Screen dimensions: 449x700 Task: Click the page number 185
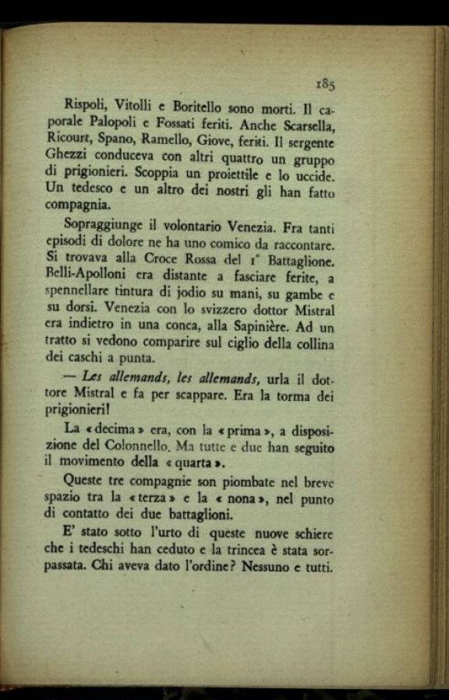click(x=325, y=84)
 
